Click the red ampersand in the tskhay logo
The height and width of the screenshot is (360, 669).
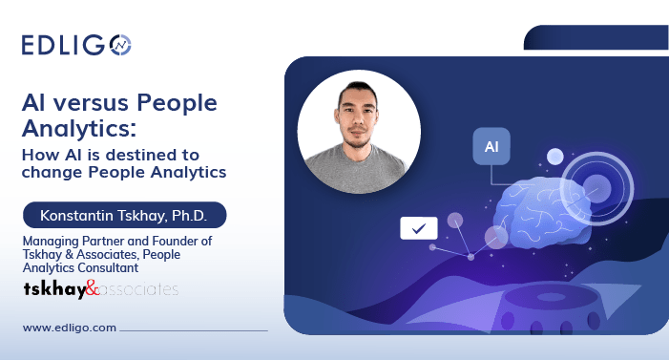coord(92,288)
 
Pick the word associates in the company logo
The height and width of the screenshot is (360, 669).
coord(138,288)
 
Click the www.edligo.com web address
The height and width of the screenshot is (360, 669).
coord(70,328)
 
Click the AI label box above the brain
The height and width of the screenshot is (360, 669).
coord(491,147)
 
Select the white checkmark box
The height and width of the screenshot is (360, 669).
coord(418,228)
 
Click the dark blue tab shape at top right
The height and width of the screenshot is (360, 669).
coord(596,37)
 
